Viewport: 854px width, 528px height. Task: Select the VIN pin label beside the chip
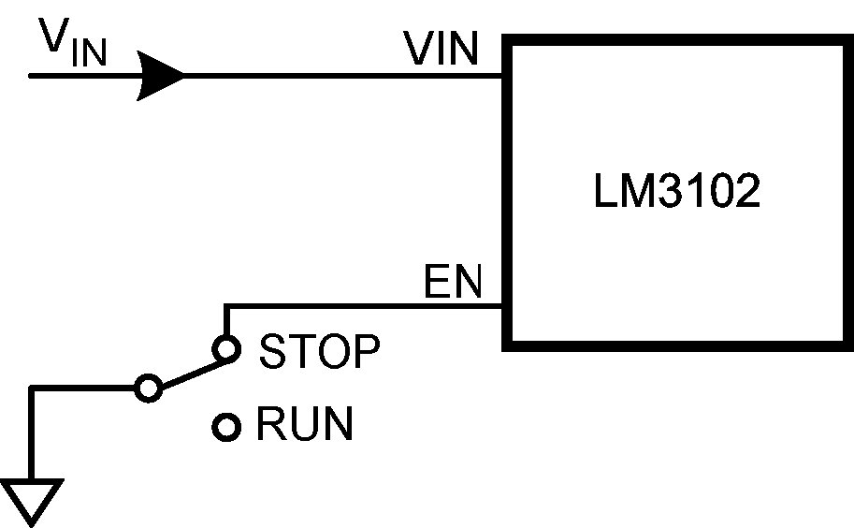tap(441, 50)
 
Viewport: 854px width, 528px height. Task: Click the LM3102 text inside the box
tap(676, 192)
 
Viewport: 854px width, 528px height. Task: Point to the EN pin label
tap(453, 283)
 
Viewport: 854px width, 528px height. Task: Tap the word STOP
tap(320, 353)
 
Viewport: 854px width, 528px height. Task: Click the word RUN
tap(305, 426)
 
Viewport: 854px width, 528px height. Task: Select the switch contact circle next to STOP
tap(225, 350)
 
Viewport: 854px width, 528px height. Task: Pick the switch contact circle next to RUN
tap(225, 427)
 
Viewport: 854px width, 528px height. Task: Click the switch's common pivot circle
tap(148, 388)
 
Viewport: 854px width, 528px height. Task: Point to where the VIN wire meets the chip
tap(504, 76)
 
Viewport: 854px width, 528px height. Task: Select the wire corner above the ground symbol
tap(33, 388)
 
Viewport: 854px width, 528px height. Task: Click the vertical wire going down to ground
tap(33, 435)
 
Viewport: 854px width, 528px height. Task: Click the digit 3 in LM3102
tap(667, 192)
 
